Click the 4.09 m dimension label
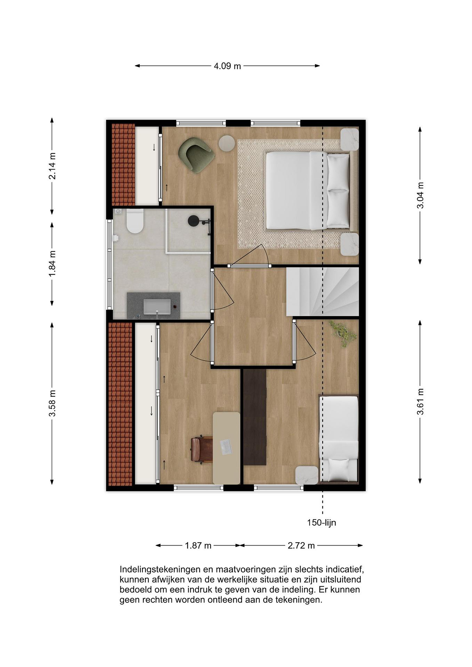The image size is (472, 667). pos(227,66)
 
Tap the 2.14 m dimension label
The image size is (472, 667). pos(52,166)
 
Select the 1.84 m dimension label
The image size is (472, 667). pos(52,264)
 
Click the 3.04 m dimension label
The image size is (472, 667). pos(420,195)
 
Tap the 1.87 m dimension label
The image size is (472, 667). pos(198,546)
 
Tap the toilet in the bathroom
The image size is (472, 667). pos(135,221)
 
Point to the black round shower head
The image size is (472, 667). pos(193,221)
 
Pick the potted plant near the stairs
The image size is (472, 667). pos(343,333)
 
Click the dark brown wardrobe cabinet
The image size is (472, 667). pos(255,417)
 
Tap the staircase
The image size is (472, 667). pos(323,292)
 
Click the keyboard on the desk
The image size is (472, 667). pos(225,447)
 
